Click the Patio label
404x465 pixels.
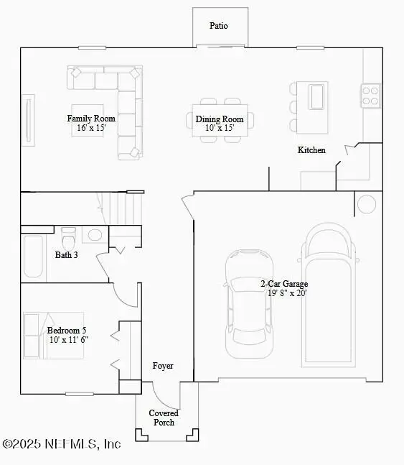tap(219, 26)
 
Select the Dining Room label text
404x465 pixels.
tap(220, 124)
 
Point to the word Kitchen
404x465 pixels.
tap(311, 150)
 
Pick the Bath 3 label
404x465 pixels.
tap(67, 254)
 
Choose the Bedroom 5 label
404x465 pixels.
tap(67, 335)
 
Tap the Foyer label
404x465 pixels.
tap(163, 366)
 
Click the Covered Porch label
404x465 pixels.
tap(164, 418)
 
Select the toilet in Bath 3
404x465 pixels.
tap(69, 237)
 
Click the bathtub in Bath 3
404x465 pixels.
tap(32, 255)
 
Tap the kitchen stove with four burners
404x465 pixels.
tap(370, 96)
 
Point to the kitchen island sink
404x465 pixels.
tap(316, 96)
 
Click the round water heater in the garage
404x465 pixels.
tap(367, 204)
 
